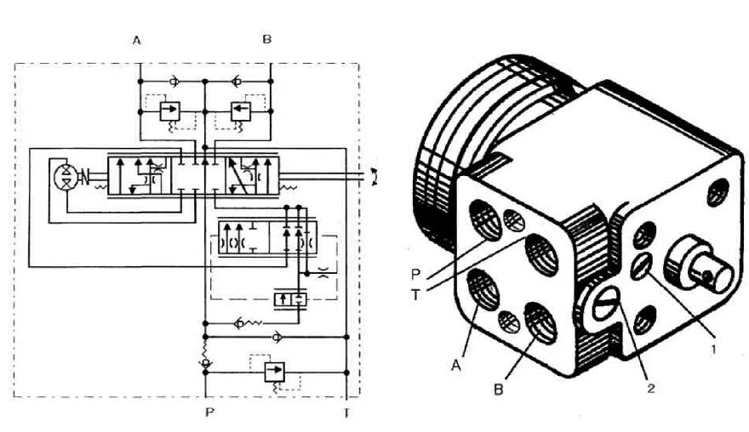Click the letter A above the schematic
(x=136, y=39)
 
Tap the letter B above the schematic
(x=267, y=39)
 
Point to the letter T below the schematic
(x=346, y=413)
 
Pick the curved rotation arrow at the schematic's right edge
(x=375, y=177)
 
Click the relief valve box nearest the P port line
(x=275, y=371)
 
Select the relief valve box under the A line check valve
(x=170, y=111)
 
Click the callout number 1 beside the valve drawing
(x=712, y=346)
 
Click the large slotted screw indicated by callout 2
(x=603, y=303)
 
